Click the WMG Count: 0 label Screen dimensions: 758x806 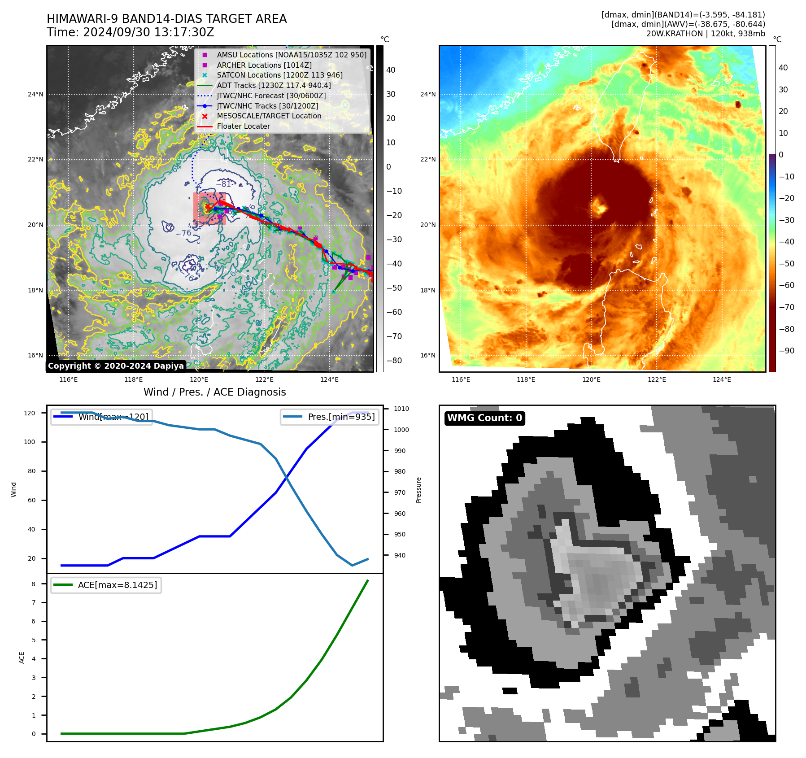point(484,418)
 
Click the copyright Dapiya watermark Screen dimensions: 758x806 point(116,366)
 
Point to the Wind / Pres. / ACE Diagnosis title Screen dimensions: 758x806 point(214,392)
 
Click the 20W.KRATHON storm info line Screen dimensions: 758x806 point(706,34)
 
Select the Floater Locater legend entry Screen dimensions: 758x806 point(243,126)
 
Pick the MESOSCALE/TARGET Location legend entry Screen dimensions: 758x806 point(269,116)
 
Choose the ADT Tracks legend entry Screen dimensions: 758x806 point(274,86)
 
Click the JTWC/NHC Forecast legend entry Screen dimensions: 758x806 point(271,96)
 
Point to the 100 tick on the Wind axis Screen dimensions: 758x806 point(30,442)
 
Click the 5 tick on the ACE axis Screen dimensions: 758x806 point(34,640)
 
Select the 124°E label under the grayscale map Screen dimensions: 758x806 point(329,380)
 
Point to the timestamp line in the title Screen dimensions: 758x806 point(131,33)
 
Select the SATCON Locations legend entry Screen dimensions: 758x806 point(279,75)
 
